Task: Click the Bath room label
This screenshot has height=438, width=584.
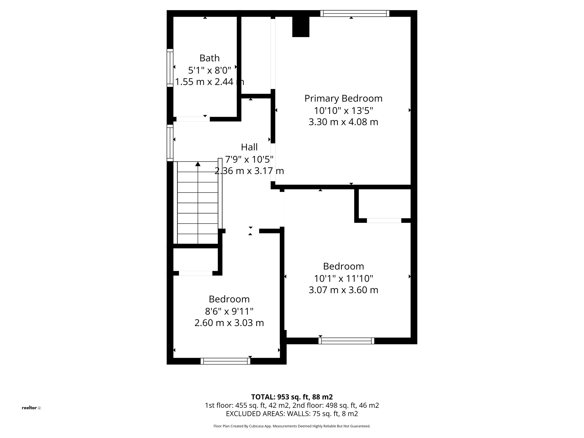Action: (x=209, y=58)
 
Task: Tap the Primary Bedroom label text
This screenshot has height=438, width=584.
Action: (x=343, y=98)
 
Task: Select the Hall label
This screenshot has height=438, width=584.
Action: (x=249, y=147)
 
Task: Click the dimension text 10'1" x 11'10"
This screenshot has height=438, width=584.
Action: (x=343, y=278)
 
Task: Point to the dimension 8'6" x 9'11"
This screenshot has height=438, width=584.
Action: (x=229, y=311)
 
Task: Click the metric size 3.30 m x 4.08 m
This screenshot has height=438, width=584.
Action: (x=343, y=122)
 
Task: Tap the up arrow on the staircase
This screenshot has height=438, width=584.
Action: (x=198, y=164)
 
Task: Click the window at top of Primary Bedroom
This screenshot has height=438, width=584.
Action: (x=355, y=13)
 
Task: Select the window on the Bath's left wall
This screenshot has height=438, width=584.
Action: (x=170, y=68)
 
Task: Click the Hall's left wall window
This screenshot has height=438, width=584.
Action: (x=170, y=143)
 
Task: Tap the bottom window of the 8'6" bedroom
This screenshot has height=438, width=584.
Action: (x=225, y=361)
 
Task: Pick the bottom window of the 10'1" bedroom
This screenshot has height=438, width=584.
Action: (x=346, y=341)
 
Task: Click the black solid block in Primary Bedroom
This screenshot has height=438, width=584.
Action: (x=301, y=27)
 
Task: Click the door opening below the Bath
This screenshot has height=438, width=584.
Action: (x=193, y=119)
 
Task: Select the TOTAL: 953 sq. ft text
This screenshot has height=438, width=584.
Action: (x=292, y=397)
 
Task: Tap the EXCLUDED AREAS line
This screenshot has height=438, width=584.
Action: (x=292, y=414)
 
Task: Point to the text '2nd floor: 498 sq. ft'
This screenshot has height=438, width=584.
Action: (x=336, y=405)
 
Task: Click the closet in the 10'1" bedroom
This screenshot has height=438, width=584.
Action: (x=384, y=204)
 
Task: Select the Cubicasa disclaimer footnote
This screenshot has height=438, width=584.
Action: (x=292, y=426)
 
